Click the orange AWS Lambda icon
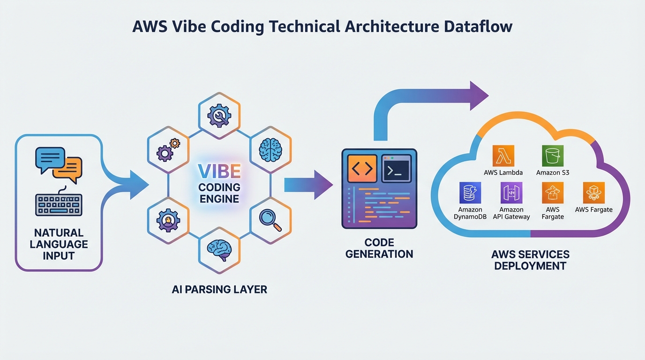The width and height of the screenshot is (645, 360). pyautogui.click(x=503, y=156)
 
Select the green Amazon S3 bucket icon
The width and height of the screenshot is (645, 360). pyautogui.click(x=552, y=156)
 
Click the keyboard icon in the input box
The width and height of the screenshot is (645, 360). pyautogui.click(x=59, y=204)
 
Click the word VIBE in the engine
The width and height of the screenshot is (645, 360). pyautogui.click(x=219, y=172)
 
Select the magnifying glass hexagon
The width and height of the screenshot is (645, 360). pyautogui.click(x=270, y=219)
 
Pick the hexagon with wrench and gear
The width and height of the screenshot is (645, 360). pyautogui.click(x=219, y=113)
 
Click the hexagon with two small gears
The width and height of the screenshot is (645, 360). pyautogui.click(x=168, y=149)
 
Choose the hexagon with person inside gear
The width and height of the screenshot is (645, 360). pyautogui.click(x=168, y=219)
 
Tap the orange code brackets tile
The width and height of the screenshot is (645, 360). pyautogui.click(x=361, y=168)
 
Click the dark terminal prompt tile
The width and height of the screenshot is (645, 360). pyautogui.click(x=396, y=168)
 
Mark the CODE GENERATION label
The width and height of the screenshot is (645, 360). pyautogui.click(x=379, y=248)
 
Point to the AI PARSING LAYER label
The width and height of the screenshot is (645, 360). pyautogui.click(x=219, y=289)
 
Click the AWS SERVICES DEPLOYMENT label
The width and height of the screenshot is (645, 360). pyautogui.click(x=530, y=260)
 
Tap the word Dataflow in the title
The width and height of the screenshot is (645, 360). pyautogui.click(x=477, y=26)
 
